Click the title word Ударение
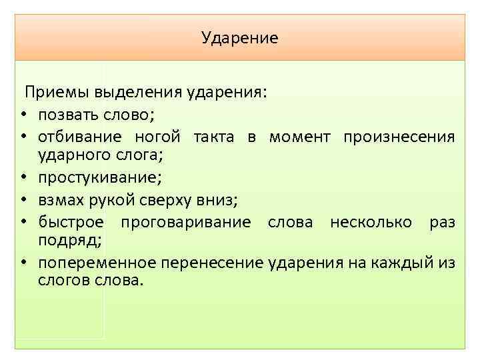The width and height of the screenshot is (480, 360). [x=240, y=38]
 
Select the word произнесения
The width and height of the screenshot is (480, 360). [x=399, y=137]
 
